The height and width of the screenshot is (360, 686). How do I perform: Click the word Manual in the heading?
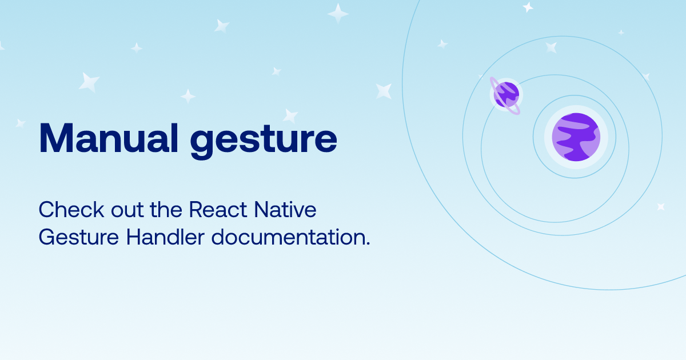pyautogui.click(x=109, y=138)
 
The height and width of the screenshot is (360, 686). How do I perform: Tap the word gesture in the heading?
pyautogui.click(x=264, y=141)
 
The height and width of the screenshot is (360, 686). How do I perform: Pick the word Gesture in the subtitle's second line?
pyautogui.click(x=79, y=237)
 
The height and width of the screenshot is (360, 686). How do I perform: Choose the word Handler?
pyautogui.click(x=165, y=237)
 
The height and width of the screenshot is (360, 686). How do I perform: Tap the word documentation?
pyautogui.click(x=288, y=237)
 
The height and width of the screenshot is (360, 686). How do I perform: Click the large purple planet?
pyautogui.click(x=576, y=137)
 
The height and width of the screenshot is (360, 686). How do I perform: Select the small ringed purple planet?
pyautogui.click(x=506, y=95)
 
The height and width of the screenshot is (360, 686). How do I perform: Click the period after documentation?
pyautogui.click(x=368, y=243)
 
